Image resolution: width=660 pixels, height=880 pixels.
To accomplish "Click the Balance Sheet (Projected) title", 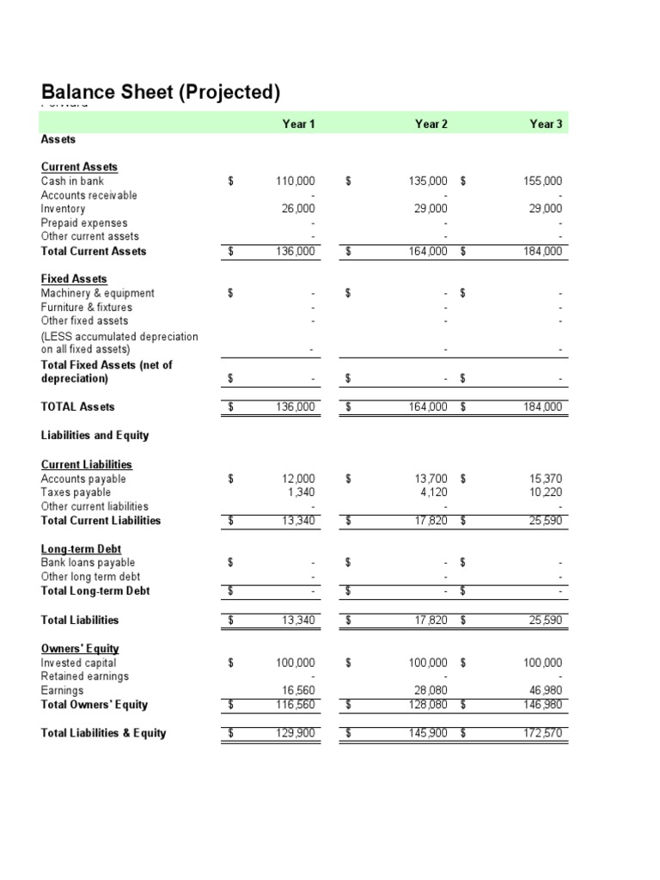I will click(x=160, y=93).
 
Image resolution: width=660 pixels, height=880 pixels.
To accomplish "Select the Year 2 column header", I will click(x=431, y=124).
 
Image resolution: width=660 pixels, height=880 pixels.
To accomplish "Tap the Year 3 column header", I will click(x=546, y=124).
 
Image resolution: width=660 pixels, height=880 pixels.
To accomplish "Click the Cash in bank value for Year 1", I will click(x=296, y=181).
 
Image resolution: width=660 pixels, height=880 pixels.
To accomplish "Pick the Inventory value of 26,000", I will click(x=299, y=209).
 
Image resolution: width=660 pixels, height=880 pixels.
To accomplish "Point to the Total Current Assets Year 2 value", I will click(x=428, y=251).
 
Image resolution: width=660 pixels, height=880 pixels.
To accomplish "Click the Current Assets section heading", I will click(x=79, y=167).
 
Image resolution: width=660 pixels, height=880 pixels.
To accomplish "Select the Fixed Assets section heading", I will click(x=74, y=279).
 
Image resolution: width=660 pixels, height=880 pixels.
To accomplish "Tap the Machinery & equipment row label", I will click(x=97, y=293).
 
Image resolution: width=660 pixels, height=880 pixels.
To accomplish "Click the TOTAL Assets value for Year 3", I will click(x=543, y=406).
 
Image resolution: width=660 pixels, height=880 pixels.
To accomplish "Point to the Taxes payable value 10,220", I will click(x=546, y=492).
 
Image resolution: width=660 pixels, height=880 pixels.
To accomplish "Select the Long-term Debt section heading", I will click(x=82, y=548).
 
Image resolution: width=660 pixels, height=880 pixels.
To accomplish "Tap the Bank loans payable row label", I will click(x=88, y=562).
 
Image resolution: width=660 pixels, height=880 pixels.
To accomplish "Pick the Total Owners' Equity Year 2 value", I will click(x=428, y=705).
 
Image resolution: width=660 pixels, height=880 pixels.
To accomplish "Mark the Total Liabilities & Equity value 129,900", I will click(x=296, y=733).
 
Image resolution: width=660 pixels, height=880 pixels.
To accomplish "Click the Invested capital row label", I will click(x=78, y=663).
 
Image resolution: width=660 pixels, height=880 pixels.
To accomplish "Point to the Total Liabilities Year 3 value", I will click(x=546, y=620).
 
